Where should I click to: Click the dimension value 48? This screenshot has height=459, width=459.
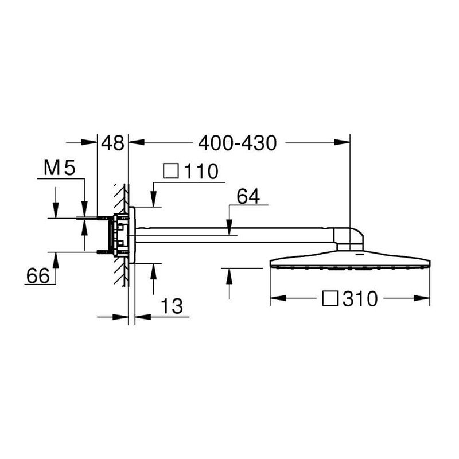coord(112,143)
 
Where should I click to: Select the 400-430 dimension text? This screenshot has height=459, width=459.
coord(237,143)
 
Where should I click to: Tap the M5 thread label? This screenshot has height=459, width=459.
coord(60,168)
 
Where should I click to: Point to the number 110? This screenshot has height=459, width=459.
coord(201,171)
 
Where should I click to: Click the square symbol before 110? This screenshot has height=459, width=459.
coord(171,171)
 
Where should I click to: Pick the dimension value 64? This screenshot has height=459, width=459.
coord(248,196)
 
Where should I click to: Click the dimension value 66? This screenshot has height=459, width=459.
coord(38,275)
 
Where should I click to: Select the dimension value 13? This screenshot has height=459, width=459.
coord(172,306)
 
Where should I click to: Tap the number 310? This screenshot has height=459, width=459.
coord(360,299)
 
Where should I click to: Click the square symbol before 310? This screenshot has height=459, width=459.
coord(330,298)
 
